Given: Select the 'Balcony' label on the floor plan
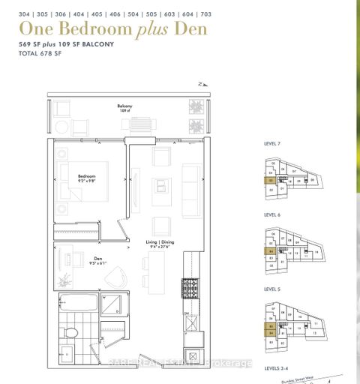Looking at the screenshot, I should [x=124, y=106].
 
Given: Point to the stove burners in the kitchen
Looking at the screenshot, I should [x=190, y=286].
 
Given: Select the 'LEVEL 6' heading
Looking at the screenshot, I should [x=273, y=214].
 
